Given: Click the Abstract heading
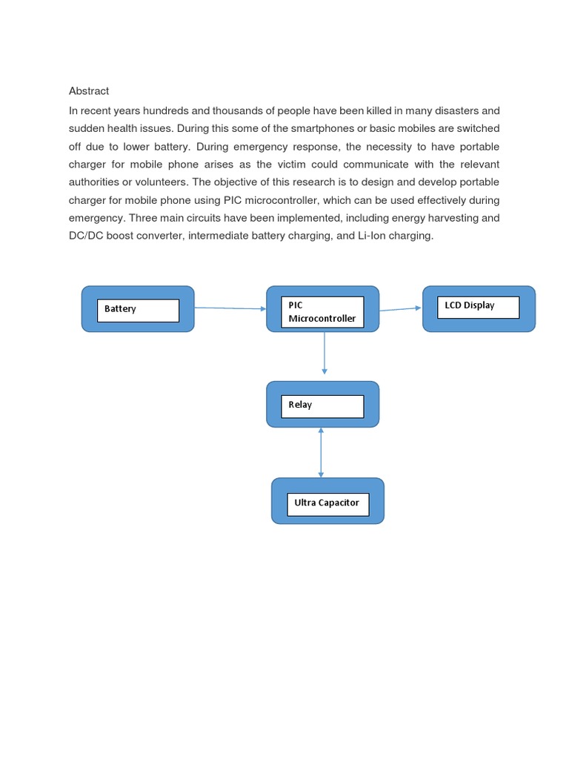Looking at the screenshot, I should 89,91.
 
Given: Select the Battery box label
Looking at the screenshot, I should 120,309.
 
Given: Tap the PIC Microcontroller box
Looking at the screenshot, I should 322,311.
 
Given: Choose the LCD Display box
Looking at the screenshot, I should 470,305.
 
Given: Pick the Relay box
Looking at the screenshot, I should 301,405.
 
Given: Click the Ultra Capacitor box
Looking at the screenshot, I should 327,503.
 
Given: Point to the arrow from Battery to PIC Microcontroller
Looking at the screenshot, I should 230,308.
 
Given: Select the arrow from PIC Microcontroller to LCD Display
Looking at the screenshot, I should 400,308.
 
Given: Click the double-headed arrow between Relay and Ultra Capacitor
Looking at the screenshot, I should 321,452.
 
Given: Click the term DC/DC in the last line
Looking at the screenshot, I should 85,236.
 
